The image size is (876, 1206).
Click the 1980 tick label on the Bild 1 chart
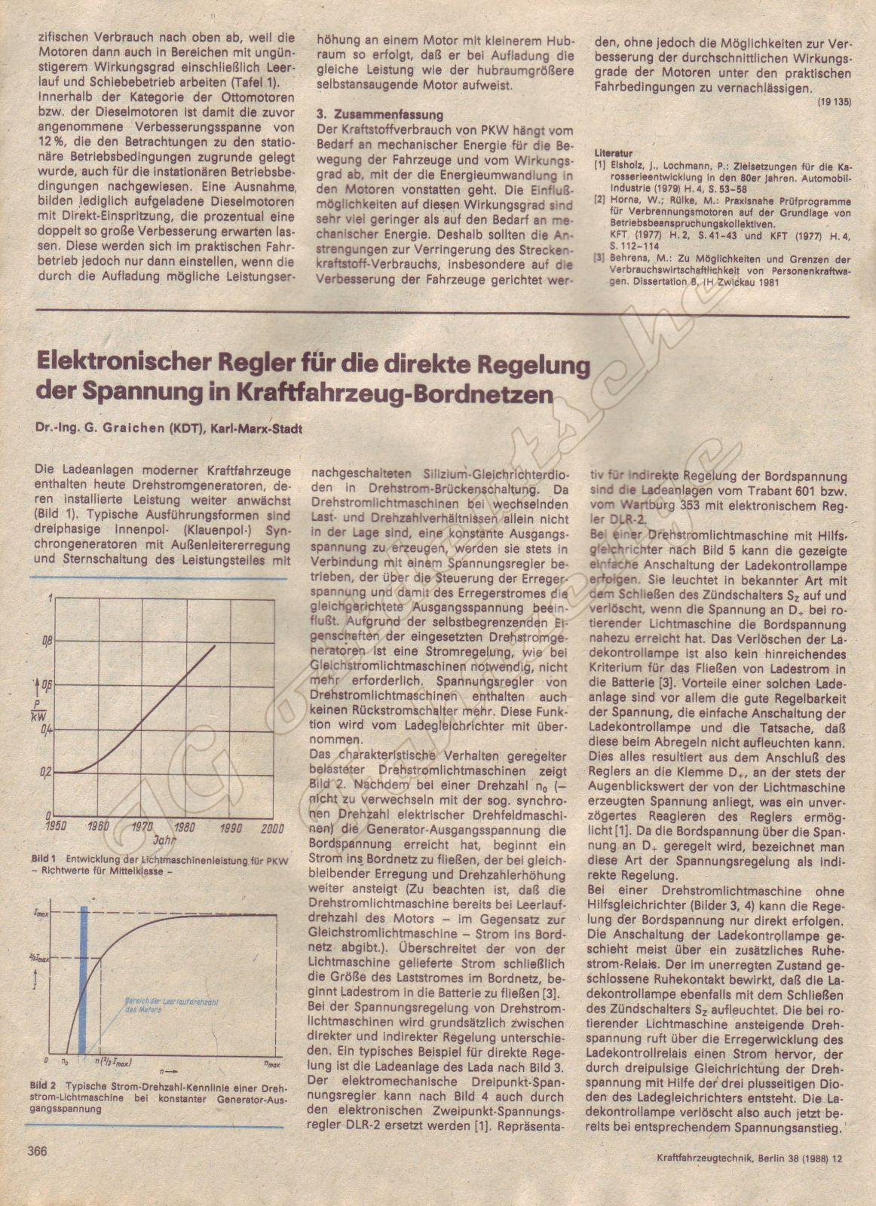pos(184,827)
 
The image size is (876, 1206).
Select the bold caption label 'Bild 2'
pos(44,1085)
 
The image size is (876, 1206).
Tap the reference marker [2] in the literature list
pos(599,202)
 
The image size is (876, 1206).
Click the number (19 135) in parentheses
pos(834,103)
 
